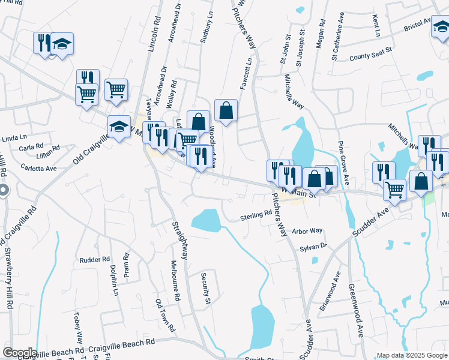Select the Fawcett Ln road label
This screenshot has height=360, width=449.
point(244,74)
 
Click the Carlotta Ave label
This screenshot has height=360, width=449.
point(38,168)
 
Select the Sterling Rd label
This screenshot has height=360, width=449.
point(256,215)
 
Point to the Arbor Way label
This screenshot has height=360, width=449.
point(307,231)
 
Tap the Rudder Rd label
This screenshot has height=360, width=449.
point(95,260)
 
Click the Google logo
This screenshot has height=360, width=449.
point(19,352)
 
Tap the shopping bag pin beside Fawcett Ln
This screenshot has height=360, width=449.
point(225,110)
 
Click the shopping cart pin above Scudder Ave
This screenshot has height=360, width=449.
point(394,189)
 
